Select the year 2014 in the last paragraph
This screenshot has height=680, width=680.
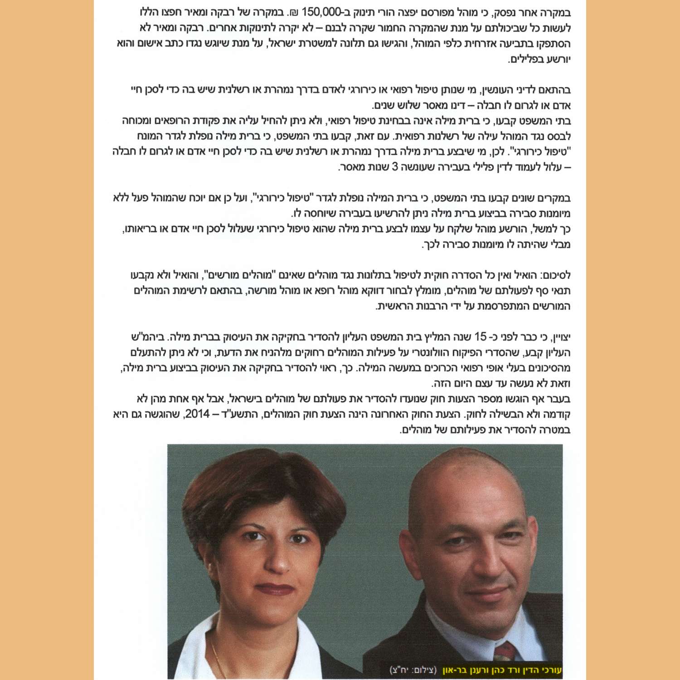click(197, 414)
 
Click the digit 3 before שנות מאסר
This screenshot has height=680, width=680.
click(394, 167)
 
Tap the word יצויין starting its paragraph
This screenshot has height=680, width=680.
click(559, 337)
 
